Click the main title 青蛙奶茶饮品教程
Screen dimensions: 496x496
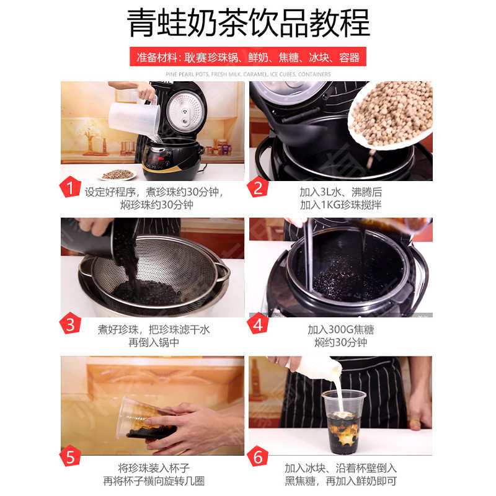[x=248, y=23]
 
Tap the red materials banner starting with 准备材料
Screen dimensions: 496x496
[x=248, y=57]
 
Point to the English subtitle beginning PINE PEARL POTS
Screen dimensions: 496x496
[x=248, y=74]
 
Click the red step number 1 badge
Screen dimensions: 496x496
[x=70, y=188]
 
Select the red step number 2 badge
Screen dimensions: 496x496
[x=258, y=188]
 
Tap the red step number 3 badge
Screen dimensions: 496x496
[x=70, y=324]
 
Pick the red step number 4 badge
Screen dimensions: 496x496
[x=258, y=324]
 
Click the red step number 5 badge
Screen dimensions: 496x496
[x=70, y=456]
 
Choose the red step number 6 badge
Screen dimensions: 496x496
[x=258, y=456]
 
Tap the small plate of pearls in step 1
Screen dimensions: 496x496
[x=118, y=174]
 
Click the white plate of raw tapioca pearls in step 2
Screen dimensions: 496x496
[x=391, y=114]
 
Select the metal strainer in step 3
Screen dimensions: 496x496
[x=155, y=275]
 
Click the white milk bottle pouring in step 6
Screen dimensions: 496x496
[x=316, y=368]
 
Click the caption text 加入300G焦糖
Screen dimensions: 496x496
[x=341, y=330]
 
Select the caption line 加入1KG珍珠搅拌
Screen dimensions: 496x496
[x=341, y=205]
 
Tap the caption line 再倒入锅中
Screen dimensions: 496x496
[x=154, y=342]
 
